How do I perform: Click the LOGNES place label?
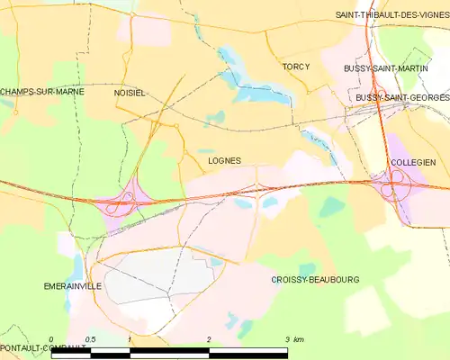pyautogui.click(x=224, y=161)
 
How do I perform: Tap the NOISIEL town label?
pyautogui.click(x=130, y=93)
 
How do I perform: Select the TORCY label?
pyautogui.click(x=295, y=67)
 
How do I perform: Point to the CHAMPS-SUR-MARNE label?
pyautogui.click(x=35, y=92)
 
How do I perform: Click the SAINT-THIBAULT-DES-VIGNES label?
pyautogui.click(x=391, y=15)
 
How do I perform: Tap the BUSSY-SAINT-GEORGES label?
pyautogui.click(x=401, y=96)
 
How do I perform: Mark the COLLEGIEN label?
pyautogui.click(x=413, y=162)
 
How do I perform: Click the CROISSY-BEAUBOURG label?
pyautogui.click(x=315, y=280)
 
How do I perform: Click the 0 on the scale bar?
pyautogui.click(x=51, y=338)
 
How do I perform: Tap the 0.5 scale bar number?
pyautogui.click(x=90, y=338)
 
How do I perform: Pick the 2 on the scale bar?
pyautogui.click(x=209, y=338)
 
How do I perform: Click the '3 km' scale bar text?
pyautogui.click(x=294, y=338)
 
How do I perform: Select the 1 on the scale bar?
pyautogui.click(x=130, y=338)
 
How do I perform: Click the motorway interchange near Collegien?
pyautogui.click(x=394, y=185)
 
